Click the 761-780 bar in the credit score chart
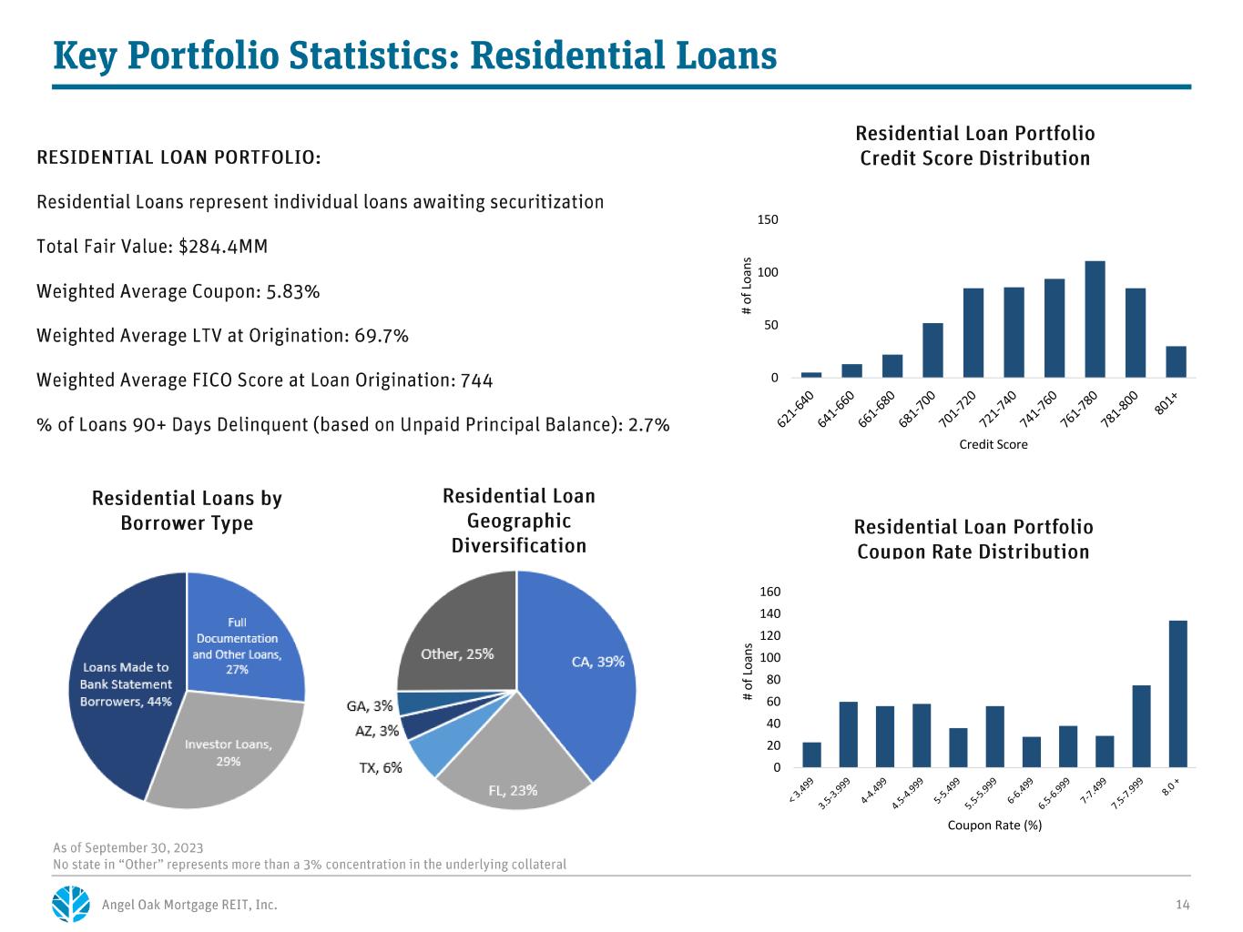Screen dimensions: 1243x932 (x=1094, y=319)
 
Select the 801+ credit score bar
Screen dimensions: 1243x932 (x=1176, y=361)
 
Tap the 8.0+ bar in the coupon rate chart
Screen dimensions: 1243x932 (x=1177, y=694)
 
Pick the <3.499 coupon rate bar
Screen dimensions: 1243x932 (x=811, y=755)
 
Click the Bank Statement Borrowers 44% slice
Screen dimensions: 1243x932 (x=127, y=684)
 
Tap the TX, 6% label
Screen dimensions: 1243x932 (x=380, y=767)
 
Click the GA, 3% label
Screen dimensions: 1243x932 (x=369, y=705)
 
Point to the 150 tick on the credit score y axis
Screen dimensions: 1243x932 (x=768, y=219)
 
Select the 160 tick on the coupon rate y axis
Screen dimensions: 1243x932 (x=769, y=592)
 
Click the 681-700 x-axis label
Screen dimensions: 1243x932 (x=916, y=409)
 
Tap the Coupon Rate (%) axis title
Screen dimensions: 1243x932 (x=994, y=825)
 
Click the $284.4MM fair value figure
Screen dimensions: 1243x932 (x=222, y=247)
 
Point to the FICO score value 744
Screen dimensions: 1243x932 (x=476, y=380)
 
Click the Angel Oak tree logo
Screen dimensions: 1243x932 (x=70, y=904)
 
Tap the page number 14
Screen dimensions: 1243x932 (x=1182, y=905)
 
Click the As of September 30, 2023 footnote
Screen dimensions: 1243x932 (x=128, y=847)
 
